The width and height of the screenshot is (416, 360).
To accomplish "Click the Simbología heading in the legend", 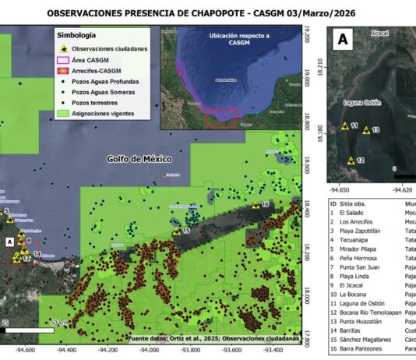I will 77,36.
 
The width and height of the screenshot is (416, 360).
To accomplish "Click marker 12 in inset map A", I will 351,161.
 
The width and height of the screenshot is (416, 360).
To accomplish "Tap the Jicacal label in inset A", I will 380,35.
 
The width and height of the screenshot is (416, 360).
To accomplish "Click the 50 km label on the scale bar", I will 58,322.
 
